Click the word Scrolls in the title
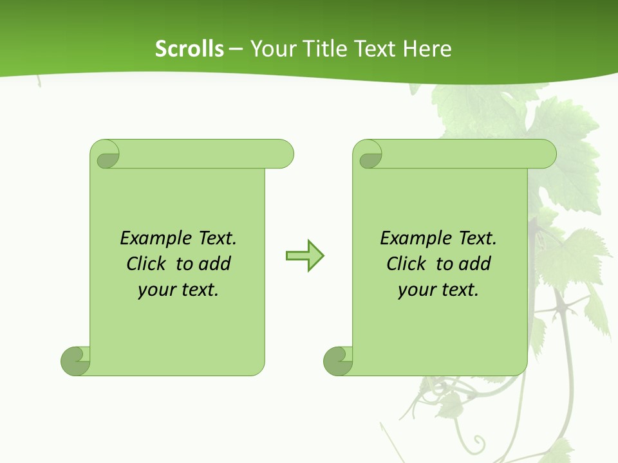[189, 49]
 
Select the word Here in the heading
[427, 49]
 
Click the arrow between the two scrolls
[305, 256]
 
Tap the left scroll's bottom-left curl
[75, 361]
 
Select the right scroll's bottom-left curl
[338, 361]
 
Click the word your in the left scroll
[156, 290]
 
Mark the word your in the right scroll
[416, 290]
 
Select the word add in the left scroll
[214, 264]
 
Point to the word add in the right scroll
[474, 264]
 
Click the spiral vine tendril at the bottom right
[477, 442]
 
